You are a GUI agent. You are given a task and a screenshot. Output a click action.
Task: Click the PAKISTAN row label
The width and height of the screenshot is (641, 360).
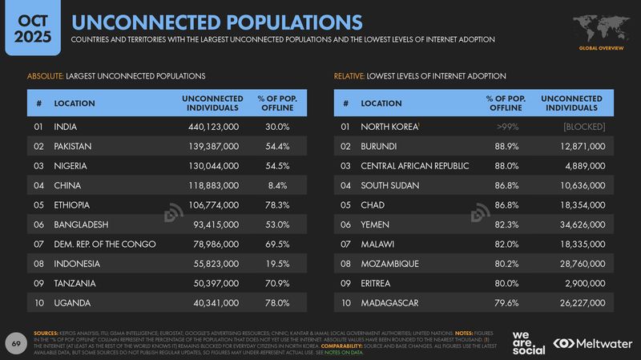pos(73,146)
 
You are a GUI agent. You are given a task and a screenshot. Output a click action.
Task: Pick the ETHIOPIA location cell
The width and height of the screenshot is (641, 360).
pos(71,204)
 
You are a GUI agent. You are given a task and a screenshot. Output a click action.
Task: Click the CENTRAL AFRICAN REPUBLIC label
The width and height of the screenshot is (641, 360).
pos(415,166)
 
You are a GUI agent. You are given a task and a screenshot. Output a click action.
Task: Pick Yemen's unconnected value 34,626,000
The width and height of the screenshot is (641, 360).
pos(576,224)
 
